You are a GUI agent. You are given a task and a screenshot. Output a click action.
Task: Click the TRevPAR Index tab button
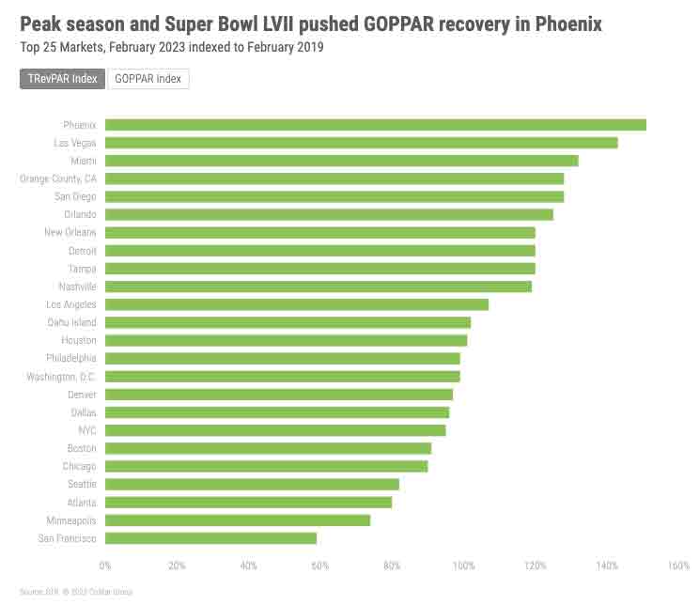click(62, 79)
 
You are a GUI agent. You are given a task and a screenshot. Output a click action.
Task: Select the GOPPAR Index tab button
click(148, 79)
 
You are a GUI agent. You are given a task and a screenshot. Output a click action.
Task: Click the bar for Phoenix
click(375, 125)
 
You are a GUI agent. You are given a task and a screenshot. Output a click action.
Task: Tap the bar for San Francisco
click(210, 538)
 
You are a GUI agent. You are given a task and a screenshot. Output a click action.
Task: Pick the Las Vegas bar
click(361, 143)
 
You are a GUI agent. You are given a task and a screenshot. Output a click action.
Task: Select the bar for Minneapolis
click(238, 520)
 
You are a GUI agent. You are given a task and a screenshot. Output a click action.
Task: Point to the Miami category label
click(83, 161)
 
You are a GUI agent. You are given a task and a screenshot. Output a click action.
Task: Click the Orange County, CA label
click(58, 178)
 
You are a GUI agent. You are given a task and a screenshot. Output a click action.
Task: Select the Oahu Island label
click(71, 322)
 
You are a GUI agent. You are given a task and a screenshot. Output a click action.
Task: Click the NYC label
click(86, 430)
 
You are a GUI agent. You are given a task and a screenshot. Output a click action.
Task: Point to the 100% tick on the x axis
click(463, 566)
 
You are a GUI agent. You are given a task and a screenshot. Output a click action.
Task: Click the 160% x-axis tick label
click(678, 566)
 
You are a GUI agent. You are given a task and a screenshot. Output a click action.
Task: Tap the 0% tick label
click(105, 566)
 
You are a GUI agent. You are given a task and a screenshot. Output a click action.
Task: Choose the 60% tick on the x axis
click(320, 566)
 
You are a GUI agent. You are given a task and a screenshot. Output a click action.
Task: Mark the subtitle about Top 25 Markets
click(171, 47)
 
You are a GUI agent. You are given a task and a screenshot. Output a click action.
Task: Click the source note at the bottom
click(76, 592)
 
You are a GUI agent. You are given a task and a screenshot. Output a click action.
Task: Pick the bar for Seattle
click(252, 485)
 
